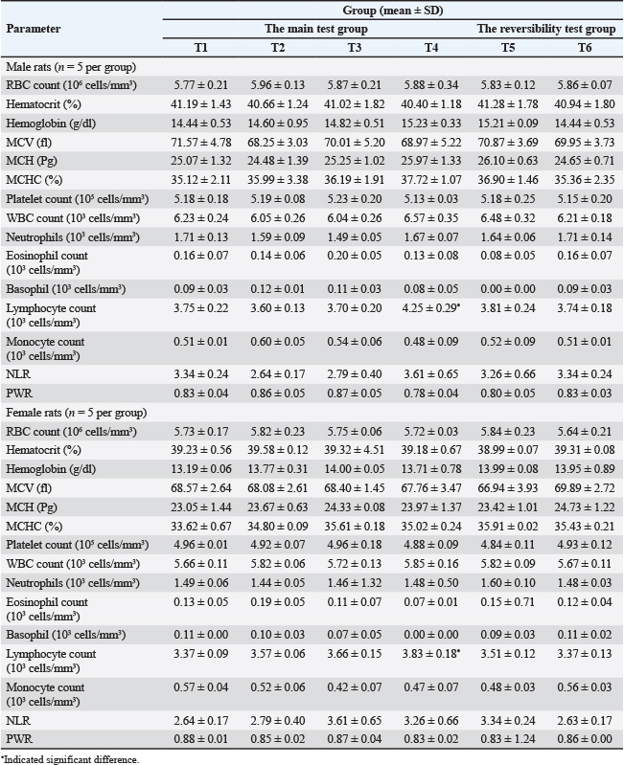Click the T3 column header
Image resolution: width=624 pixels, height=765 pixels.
point(355,47)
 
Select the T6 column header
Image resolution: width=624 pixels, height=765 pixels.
point(585,47)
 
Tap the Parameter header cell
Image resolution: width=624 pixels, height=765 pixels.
point(34,29)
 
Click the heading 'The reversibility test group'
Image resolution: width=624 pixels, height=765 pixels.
point(546,29)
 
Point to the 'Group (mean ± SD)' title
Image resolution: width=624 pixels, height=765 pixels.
point(393,11)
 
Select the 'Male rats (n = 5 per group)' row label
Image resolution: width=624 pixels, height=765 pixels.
point(71,67)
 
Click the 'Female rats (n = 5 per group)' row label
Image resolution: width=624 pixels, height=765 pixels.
point(76,413)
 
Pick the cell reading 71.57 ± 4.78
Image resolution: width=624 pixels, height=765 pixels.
point(200,143)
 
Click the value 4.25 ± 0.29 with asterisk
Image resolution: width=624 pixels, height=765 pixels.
point(432,308)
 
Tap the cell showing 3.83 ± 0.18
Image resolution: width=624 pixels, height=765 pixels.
point(432,654)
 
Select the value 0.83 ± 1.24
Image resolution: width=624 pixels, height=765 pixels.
point(508,738)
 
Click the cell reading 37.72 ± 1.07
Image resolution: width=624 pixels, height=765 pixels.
point(431,180)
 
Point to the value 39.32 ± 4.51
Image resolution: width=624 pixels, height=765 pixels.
point(355,450)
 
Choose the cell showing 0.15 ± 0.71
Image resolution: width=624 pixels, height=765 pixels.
point(508,601)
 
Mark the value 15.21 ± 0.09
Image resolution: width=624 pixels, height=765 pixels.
point(508,124)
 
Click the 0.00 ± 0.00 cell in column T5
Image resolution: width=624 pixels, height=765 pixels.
point(508,289)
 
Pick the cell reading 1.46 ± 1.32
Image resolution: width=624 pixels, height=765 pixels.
point(355,582)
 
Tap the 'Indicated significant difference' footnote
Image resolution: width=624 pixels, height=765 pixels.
point(70,759)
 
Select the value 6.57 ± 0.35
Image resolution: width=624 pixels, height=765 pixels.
point(431,218)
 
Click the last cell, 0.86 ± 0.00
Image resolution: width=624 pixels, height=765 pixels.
point(585,738)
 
